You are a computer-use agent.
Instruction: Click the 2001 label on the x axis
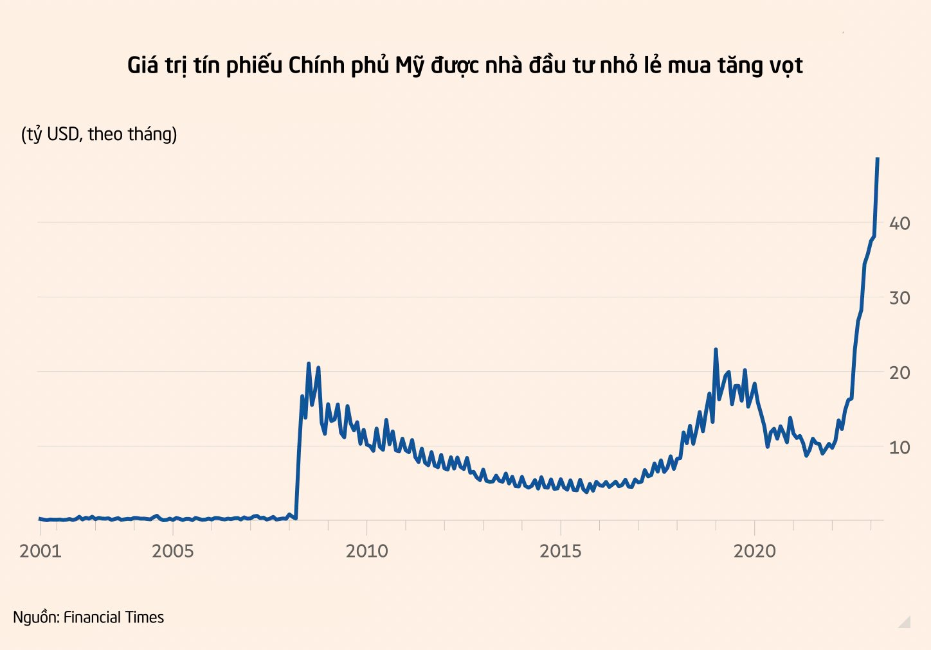coord(40,551)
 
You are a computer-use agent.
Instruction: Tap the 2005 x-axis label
coord(172,551)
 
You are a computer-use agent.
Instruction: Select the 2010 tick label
coord(366,551)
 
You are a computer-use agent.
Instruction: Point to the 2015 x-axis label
coord(560,551)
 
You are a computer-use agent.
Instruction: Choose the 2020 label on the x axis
coord(754,551)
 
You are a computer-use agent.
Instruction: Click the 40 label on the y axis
coord(899,224)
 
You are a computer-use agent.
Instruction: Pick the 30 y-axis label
coord(899,298)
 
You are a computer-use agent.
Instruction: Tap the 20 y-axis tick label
coord(899,373)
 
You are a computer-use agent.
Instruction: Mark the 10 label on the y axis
coord(899,447)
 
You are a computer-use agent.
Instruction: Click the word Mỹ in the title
coord(409,66)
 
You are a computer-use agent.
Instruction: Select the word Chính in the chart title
coord(316,66)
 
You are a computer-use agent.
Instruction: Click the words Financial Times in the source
coord(114,617)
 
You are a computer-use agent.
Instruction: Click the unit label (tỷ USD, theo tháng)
coord(99,134)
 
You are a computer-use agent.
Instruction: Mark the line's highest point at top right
coord(878,159)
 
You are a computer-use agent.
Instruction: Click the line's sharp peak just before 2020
coord(716,349)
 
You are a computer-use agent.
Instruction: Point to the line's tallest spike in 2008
coord(309,364)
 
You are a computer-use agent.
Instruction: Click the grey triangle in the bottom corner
coord(905,621)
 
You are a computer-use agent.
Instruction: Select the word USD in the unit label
coord(63,134)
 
